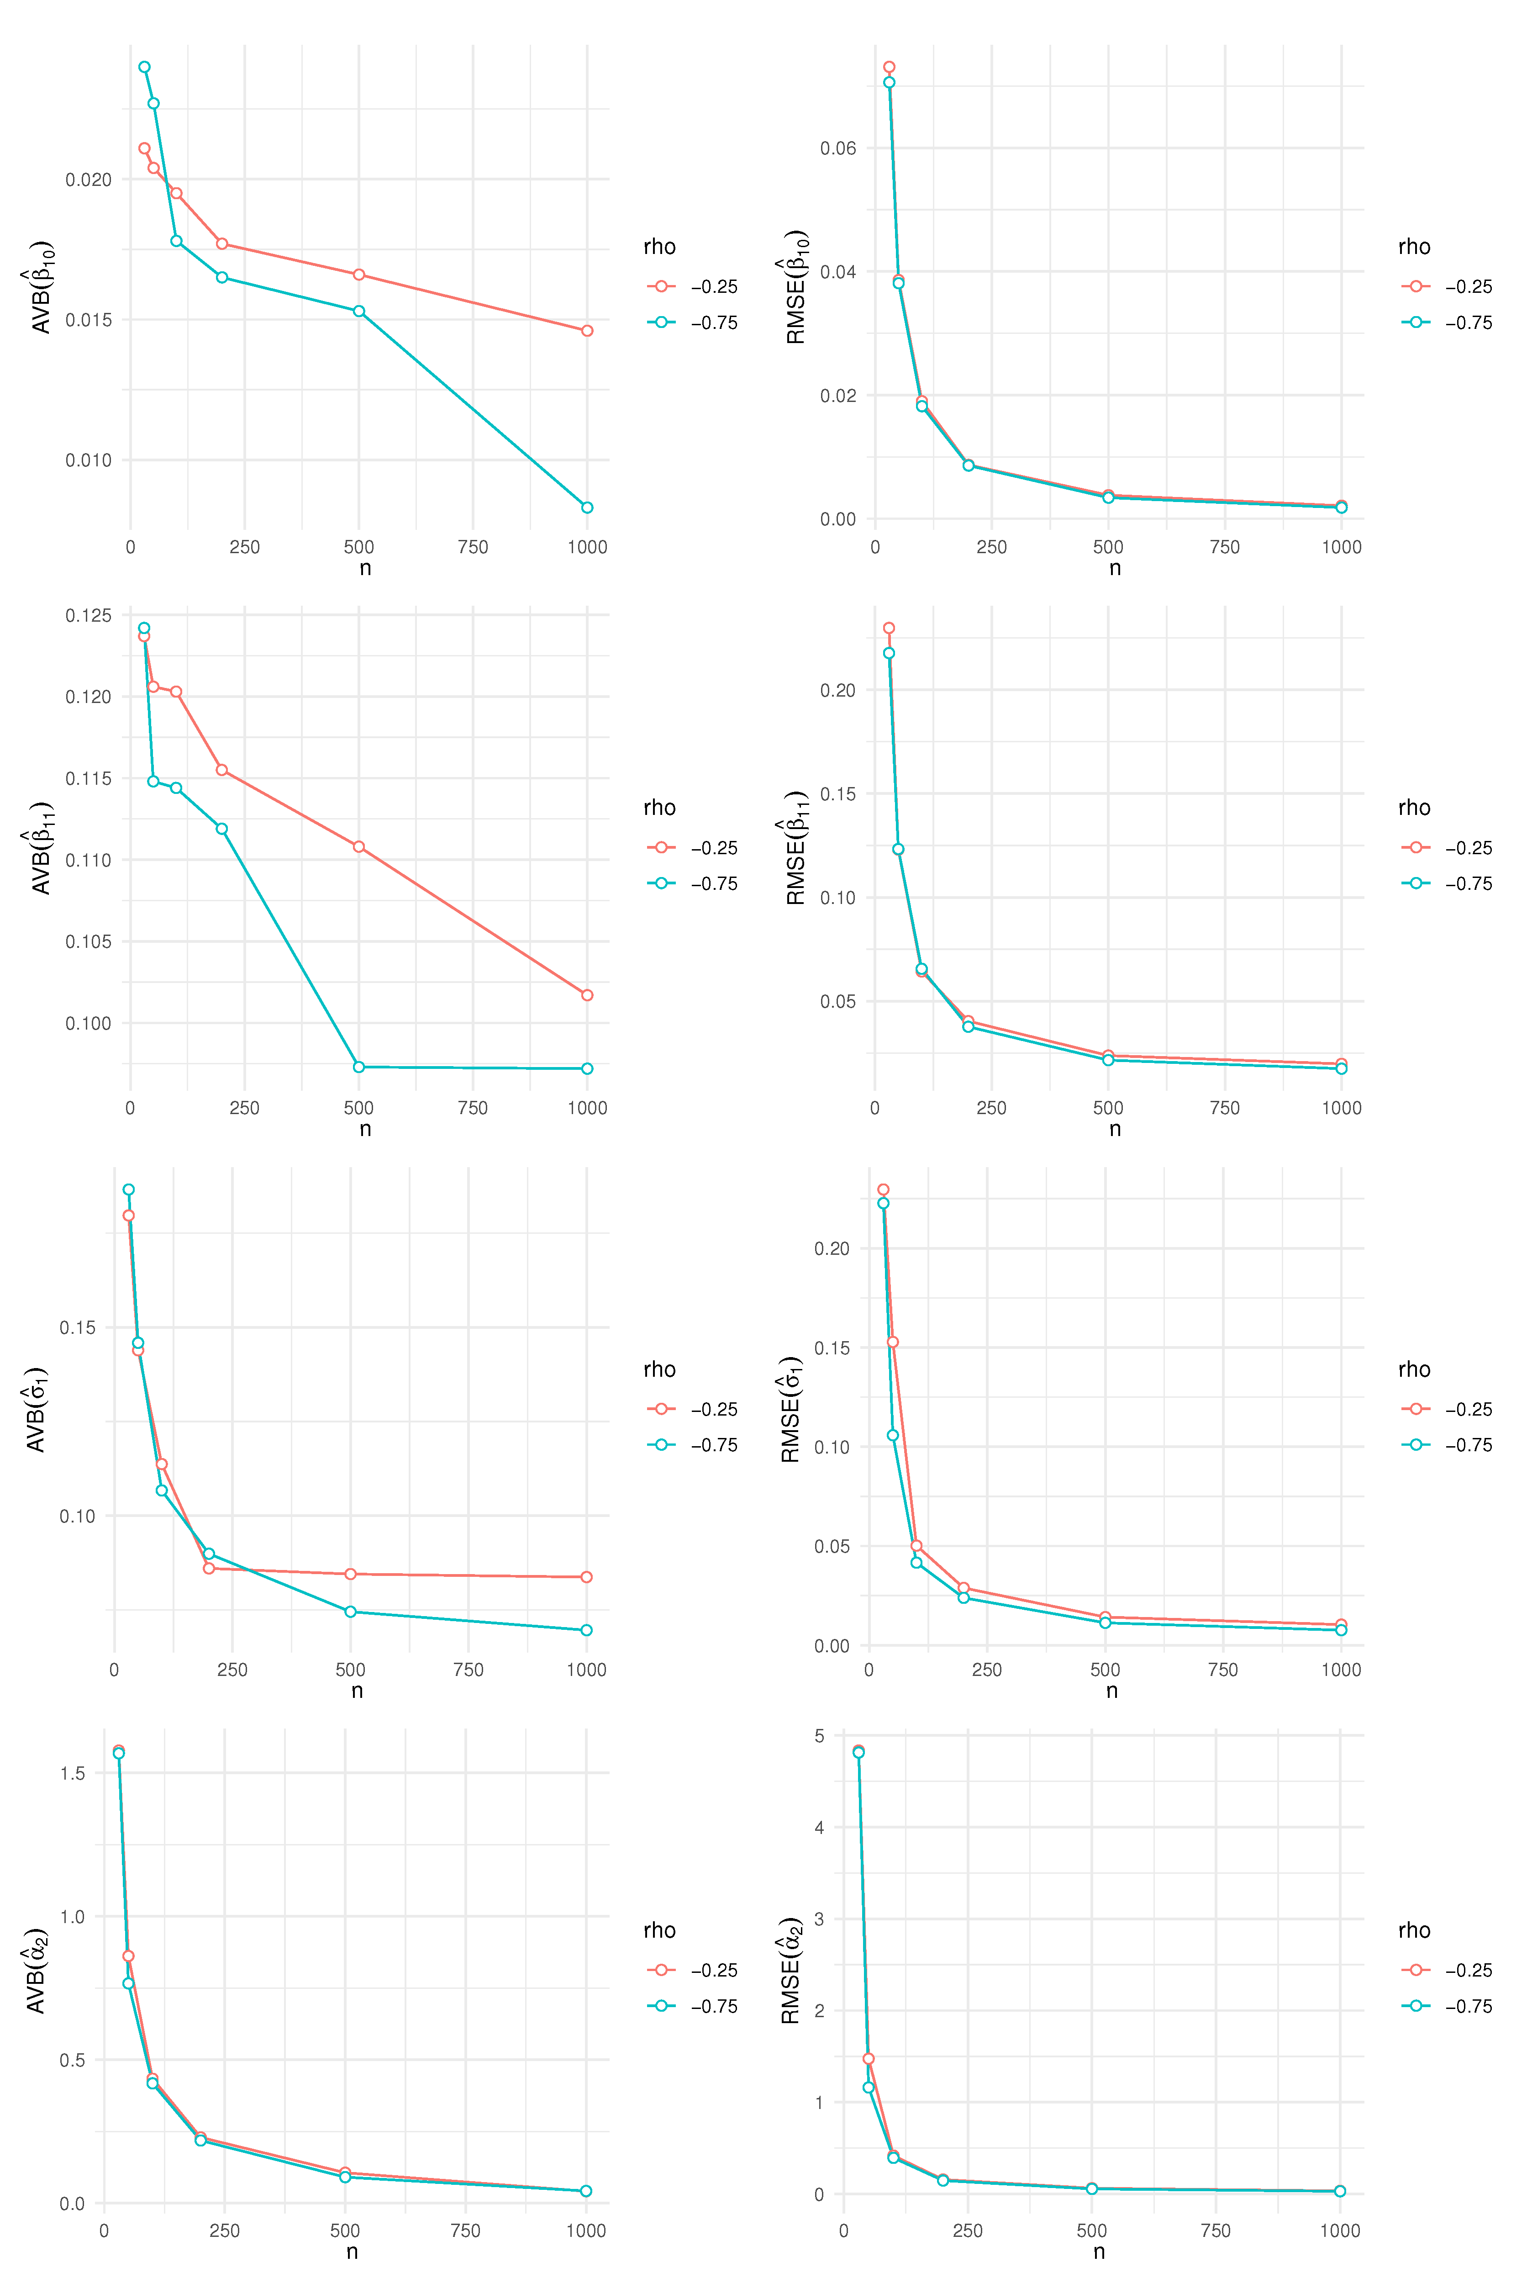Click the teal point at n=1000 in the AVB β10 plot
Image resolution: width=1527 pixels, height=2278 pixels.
click(587, 507)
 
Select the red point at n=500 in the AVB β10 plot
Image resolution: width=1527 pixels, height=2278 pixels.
click(359, 275)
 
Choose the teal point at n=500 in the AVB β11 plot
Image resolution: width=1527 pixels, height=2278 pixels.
click(359, 1068)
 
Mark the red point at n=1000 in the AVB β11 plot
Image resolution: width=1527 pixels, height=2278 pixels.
click(587, 995)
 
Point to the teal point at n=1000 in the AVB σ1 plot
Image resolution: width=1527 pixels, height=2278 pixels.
click(586, 1630)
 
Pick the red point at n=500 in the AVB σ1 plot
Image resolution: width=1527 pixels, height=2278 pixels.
click(351, 1574)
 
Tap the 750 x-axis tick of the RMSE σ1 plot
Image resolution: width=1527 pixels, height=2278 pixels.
click(1223, 1669)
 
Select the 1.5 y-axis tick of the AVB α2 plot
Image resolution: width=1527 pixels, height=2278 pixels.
click(73, 1772)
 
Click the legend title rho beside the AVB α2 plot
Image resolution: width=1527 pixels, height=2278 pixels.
click(659, 1930)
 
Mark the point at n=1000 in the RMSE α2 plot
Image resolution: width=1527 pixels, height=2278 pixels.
click(1340, 2191)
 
